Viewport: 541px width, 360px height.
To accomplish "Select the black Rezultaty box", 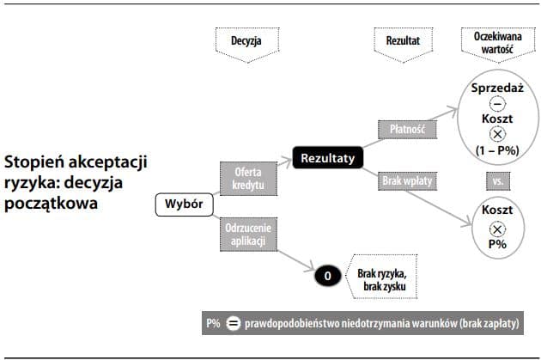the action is (x=329, y=158).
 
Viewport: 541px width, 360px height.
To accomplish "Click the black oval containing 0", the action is (x=325, y=276).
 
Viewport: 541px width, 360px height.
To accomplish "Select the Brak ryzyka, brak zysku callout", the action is (x=378, y=276).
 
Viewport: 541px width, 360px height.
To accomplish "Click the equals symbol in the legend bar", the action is (x=234, y=325).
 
